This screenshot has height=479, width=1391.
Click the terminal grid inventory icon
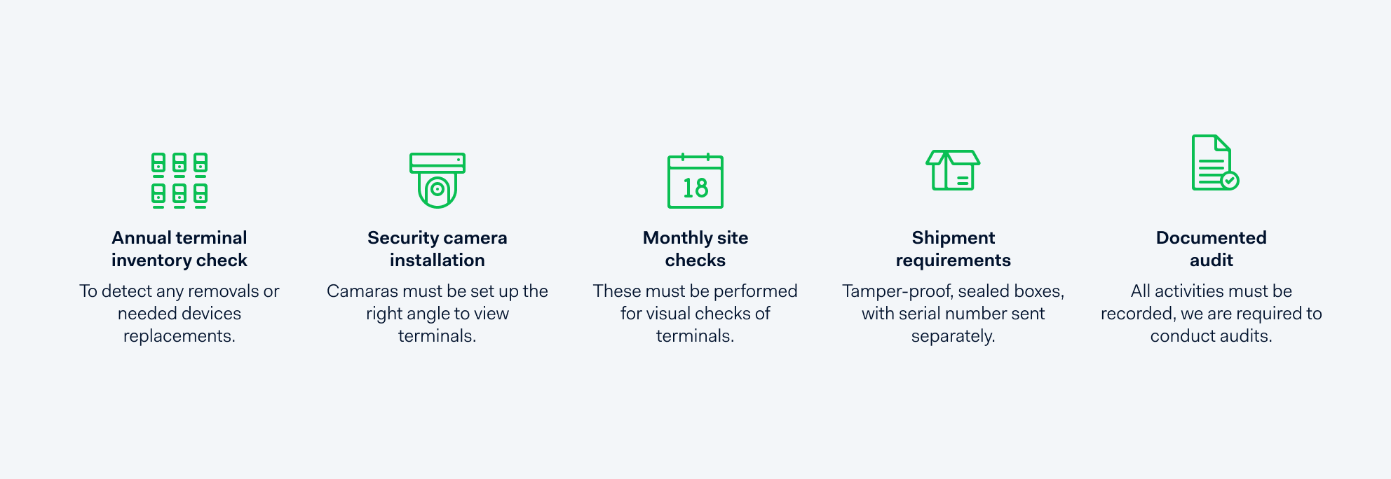tap(179, 181)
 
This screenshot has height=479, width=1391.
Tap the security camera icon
tap(437, 181)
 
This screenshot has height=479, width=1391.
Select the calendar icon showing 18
tap(695, 181)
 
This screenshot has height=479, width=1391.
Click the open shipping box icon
tap(953, 170)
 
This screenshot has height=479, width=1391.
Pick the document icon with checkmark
tap(1215, 162)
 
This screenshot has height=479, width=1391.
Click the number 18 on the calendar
tap(695, 188)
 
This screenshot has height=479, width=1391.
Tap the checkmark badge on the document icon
tap(1230, 181)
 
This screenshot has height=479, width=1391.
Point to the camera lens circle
tap(437, 189)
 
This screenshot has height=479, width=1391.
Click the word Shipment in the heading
tap(954, 238)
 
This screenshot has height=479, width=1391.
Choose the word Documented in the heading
tap(1212, 237)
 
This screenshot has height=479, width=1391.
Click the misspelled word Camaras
tap(362, 291)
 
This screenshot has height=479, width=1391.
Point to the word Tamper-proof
tap(897, 292)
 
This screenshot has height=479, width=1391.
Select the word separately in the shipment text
tap(954, 337)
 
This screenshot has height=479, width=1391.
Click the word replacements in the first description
tap(179, 337)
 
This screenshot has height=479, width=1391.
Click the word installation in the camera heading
tap(437, 260)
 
